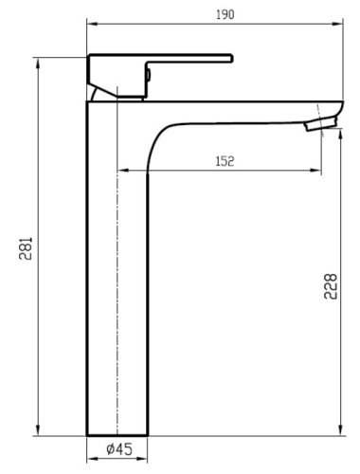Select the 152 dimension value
tap(224, 161)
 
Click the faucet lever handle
tap(189, 59)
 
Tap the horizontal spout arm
tap(246, 107)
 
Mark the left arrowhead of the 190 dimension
tap(90, 24)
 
